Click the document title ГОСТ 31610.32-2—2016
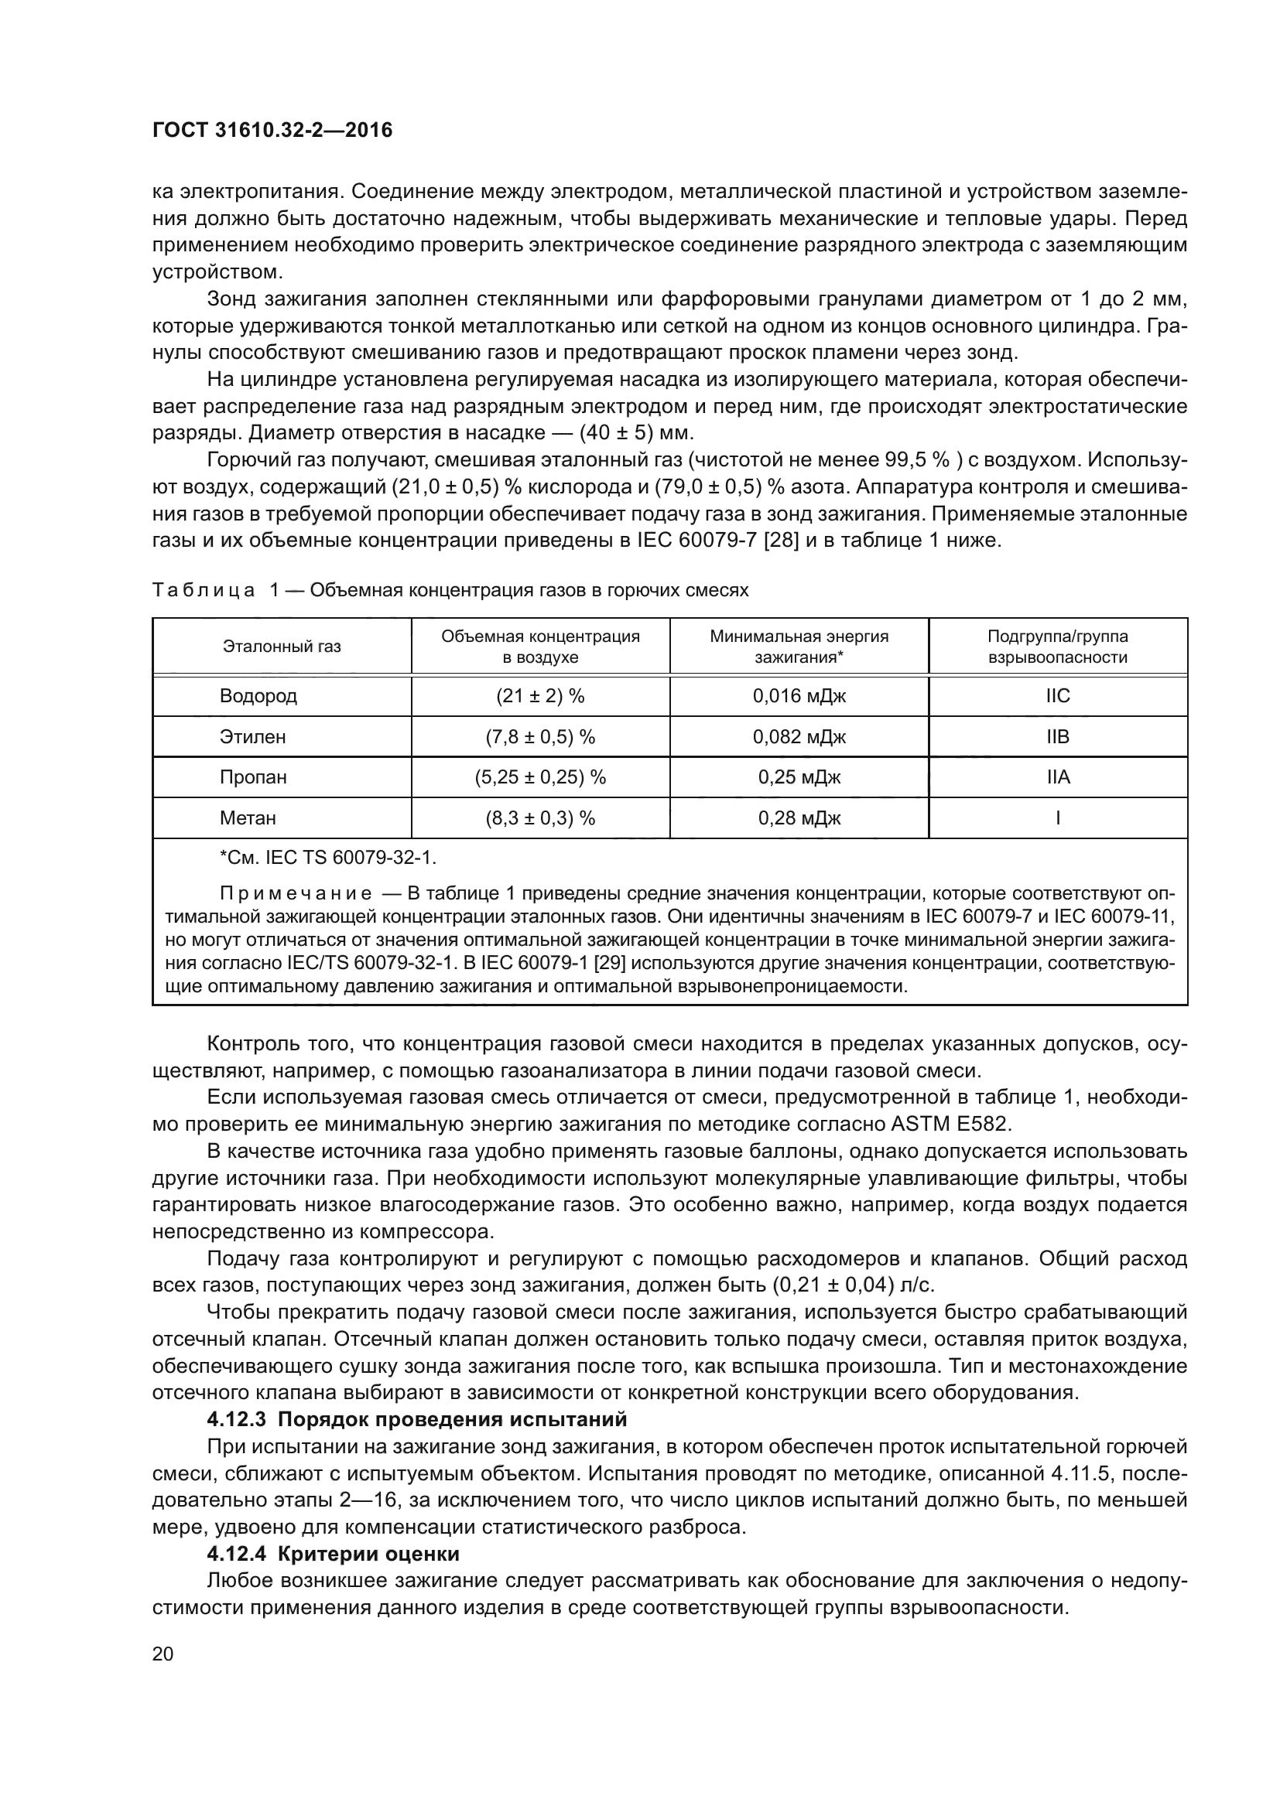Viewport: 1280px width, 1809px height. pos(272,131)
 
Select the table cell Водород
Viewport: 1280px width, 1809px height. pos(258,696)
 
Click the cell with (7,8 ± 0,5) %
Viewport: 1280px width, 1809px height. pos(540,737)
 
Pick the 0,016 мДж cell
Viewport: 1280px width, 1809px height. pos(799,696)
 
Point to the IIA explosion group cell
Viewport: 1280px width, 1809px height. pos(1058,777)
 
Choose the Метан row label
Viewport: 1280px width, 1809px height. pos(248,817)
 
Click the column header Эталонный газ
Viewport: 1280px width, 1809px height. pos(282,646)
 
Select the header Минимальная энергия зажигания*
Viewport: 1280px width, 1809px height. pos(799,646)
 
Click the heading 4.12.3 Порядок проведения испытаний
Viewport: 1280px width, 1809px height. pos(417,1419)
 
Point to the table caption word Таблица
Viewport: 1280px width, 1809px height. pos(203,590)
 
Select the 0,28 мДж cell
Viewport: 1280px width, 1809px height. pos(799,817)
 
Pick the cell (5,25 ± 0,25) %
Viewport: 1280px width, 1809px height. pos(540,777)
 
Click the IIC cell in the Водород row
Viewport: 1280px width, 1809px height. pos(1058,696)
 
